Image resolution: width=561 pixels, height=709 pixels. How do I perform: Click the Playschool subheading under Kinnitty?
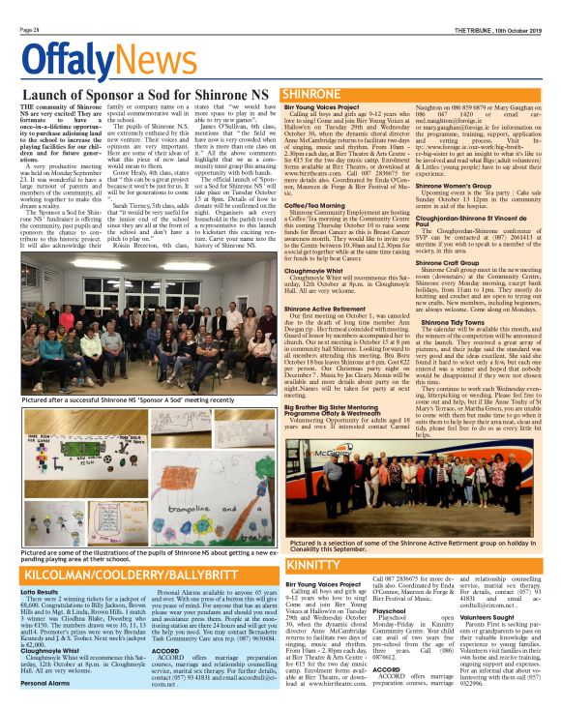click(390, 612)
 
